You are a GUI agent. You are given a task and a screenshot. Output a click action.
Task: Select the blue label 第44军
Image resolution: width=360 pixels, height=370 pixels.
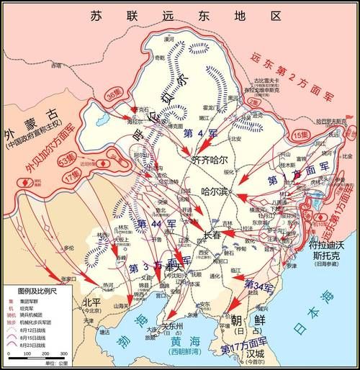pos(152,224)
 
